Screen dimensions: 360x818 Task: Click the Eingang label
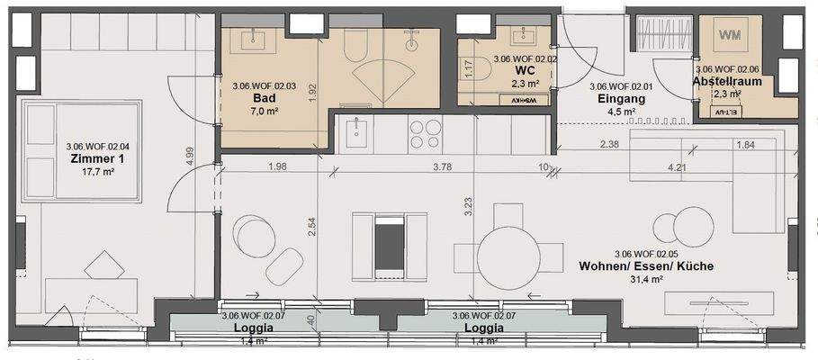pos(616,99)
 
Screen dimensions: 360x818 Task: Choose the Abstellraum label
pos(727,81)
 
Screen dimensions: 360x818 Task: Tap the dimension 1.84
pos(745,144)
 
